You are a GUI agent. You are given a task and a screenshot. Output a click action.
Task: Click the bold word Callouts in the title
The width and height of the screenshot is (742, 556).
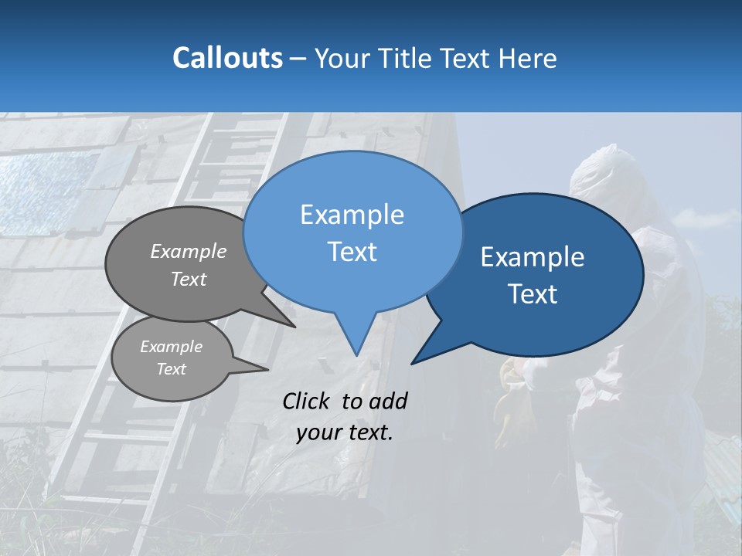[x=227, y=58]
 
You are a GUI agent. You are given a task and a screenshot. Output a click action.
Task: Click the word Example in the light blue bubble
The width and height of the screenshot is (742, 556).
[x=352, y=215]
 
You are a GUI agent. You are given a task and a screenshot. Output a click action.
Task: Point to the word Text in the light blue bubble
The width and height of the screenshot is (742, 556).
[x=352, y=252]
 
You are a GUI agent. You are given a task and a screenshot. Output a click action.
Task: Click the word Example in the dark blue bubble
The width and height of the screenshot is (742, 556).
[x=533, y=257]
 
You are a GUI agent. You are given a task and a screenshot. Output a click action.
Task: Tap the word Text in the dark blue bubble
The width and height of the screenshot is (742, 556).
[x=533, y=294]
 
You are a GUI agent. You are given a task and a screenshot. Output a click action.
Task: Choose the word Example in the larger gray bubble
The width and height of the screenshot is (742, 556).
[x=189, y=251]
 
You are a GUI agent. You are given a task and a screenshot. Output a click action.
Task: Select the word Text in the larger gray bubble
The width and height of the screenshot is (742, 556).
[x=189, y=279]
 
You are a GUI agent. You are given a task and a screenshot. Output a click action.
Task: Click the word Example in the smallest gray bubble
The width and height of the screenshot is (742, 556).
[x=171, y=347]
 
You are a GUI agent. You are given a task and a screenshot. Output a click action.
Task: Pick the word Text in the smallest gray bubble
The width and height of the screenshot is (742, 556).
[x=171, y=369]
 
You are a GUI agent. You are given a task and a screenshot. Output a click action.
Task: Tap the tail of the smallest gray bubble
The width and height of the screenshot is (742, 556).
[x=255, y=367]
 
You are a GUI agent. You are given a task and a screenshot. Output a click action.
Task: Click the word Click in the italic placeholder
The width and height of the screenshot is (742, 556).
[x=308, y=401]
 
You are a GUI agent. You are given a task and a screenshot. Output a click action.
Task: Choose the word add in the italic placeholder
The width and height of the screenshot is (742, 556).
[x=388, y=401]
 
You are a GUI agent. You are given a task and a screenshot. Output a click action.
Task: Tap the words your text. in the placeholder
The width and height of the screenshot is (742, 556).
[x=345, y=432]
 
